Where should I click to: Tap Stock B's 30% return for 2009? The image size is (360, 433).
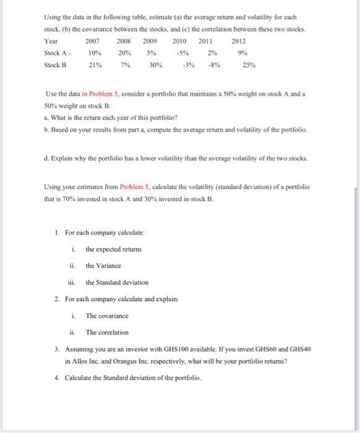(x=155, y=64)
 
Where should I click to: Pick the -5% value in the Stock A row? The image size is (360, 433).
(x=184, y=52)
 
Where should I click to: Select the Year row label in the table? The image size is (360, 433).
(x=51, y=41)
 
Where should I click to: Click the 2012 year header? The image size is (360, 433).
(x=238, y=41)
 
